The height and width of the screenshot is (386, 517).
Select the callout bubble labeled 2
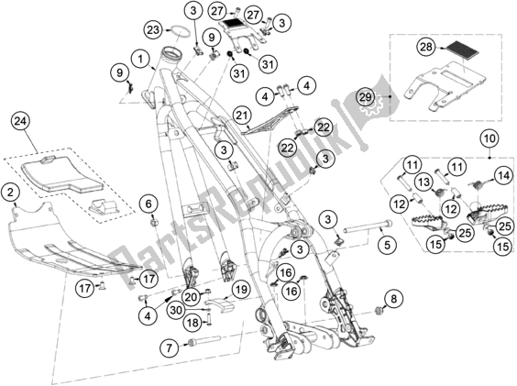[11, 192]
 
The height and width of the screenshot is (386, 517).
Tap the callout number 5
[388, 244]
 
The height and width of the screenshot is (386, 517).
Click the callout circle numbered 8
[395, 298]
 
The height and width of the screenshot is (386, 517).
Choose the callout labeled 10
[486, 138]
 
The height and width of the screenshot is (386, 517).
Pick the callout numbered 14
[502, 173]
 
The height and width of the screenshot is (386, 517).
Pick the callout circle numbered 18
[192, 322]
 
